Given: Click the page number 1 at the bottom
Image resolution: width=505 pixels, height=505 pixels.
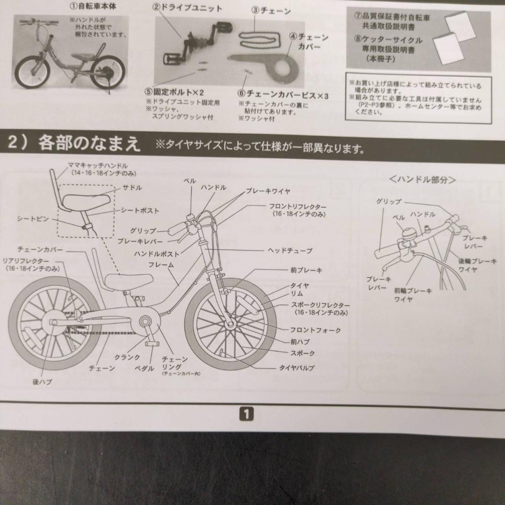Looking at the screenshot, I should tap(246, 413).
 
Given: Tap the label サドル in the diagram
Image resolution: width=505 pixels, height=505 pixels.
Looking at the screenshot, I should tap(132, 188).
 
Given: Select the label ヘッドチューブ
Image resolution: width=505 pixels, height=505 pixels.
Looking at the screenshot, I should tap(290, 251).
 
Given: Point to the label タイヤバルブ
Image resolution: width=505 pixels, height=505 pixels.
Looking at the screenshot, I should tap(297, 368).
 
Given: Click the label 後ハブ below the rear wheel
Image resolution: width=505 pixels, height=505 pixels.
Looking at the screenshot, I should tap(42, 382).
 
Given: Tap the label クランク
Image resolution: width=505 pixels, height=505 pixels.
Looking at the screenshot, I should tap(127, 357).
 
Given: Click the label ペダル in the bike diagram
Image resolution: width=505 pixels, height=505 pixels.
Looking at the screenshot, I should tap(144, 368).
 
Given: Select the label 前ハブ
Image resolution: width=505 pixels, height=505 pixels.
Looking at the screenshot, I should tap(300, 342).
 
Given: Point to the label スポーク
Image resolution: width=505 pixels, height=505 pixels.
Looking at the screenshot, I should tap(303, 353).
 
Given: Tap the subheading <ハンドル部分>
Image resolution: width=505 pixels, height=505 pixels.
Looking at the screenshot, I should tap(422, 180).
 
